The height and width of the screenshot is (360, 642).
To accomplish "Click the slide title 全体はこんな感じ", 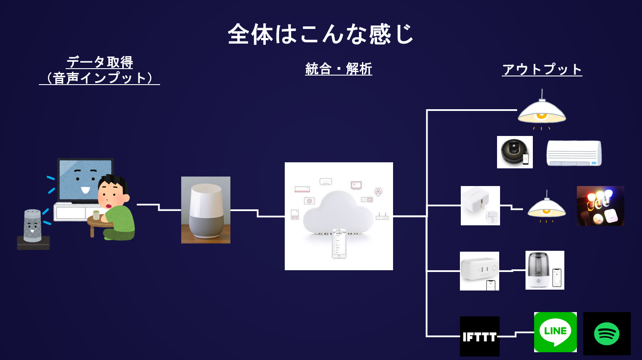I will pos(321,34).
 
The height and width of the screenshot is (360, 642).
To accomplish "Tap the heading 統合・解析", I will pos(338,69).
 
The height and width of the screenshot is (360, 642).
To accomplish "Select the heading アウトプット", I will pos(542,69).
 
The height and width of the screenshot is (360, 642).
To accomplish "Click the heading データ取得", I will pos(100,62).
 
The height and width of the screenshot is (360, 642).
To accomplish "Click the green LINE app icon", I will pos(555,332).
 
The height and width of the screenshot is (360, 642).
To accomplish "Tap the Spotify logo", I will pos(607,334).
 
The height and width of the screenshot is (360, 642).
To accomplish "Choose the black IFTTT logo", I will pos(479,336).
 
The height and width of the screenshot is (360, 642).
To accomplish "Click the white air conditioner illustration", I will pos(574,153).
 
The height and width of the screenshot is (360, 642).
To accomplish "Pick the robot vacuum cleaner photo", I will pos(515,152).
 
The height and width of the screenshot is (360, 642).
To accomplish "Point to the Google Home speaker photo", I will pos(205,210).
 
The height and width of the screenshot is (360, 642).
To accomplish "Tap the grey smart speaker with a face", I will pos(32,226).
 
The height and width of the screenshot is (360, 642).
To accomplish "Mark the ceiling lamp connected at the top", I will pos(541,111).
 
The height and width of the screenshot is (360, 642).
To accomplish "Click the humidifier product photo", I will pos(544,270).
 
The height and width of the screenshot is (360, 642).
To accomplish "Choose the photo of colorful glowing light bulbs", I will pos(600,206).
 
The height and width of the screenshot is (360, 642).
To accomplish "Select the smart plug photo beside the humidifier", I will pos(479,271).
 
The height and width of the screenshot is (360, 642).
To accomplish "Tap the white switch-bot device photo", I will pos(480,205).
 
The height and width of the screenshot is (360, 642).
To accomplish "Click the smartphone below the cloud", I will pos(339,243).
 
